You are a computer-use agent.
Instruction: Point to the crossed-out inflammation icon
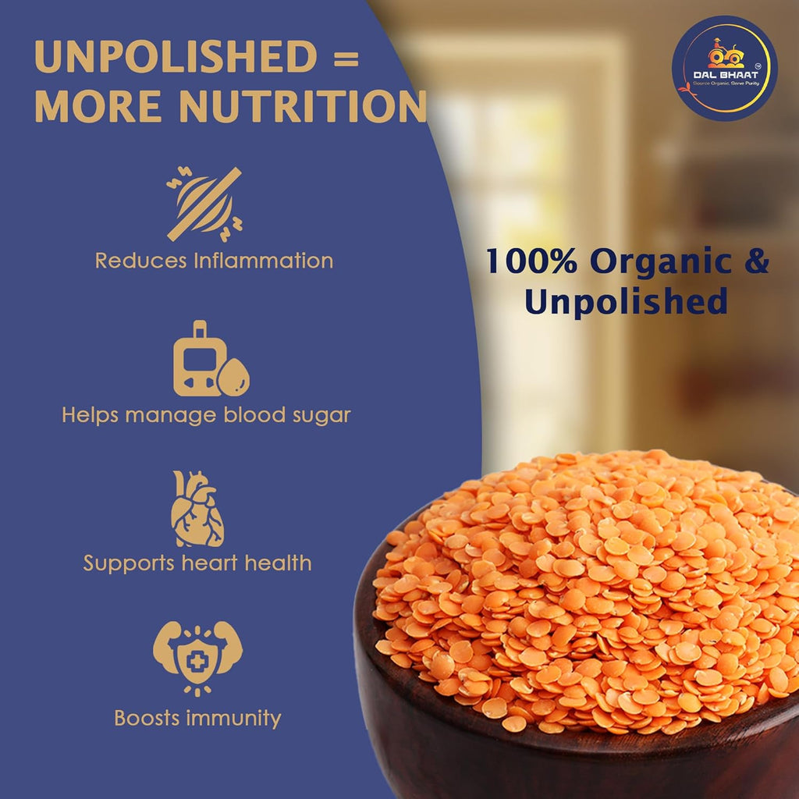coord(204,204)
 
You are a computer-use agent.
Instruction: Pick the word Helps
coord(90,415)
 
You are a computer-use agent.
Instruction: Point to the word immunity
coord(232,718)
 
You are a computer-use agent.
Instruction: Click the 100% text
coord(531,261)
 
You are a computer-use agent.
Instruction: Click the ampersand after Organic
coord(755,261)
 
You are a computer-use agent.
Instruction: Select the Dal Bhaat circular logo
coord(725,68)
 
